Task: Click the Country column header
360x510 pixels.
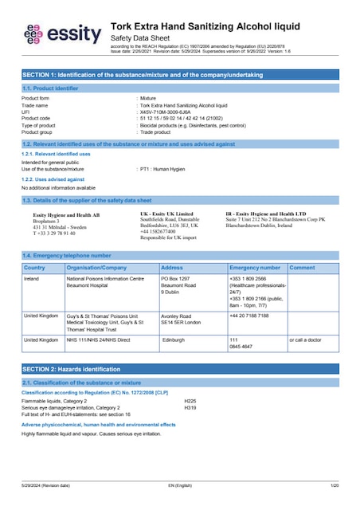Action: (35, 268)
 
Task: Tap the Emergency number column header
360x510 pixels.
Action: (254, 268)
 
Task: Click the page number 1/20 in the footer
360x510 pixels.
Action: (334, 485)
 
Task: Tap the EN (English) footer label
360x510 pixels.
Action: (179, 485)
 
